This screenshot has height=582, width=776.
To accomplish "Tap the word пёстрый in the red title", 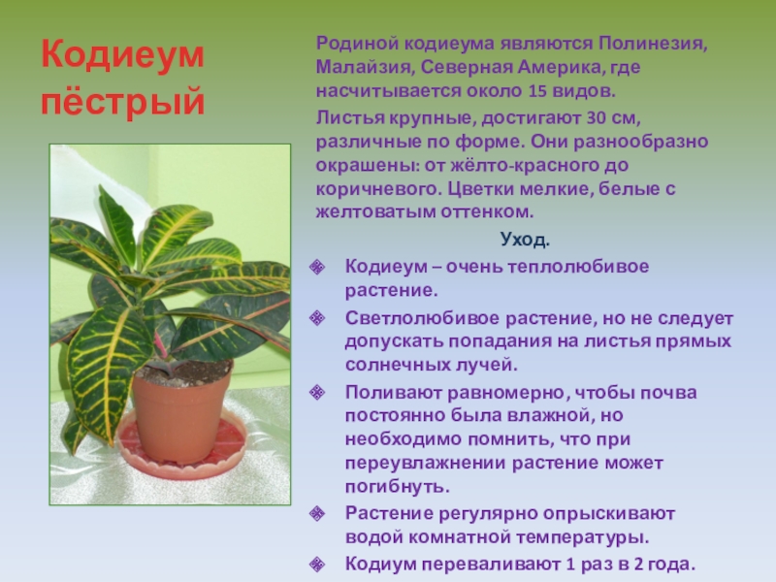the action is point(123,102).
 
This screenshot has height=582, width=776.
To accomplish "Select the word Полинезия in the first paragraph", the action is point(653,44).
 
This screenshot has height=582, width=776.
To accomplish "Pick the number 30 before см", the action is point(598,117).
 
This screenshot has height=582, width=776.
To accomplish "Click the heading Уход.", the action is point(525,240).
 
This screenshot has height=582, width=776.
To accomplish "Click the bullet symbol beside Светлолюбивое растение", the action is point(317,318).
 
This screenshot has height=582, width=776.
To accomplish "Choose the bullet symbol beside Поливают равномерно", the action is point(317,393).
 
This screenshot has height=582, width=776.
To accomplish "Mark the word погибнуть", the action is point(398,487).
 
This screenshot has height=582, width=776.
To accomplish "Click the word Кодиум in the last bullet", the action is point(380,564).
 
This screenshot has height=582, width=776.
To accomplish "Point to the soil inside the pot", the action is point(183,372).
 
